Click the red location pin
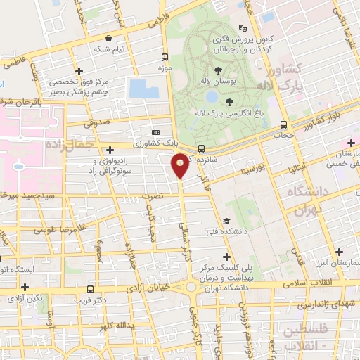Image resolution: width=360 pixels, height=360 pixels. click(180, 166)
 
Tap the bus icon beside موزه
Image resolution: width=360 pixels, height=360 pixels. click(165, 58)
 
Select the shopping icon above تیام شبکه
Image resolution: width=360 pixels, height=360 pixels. click(108, 39)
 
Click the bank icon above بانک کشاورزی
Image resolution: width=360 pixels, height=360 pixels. click(155, 132)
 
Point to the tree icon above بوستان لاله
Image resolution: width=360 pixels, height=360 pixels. click(217, 70)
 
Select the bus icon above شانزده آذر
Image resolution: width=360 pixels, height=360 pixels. click(202, 148)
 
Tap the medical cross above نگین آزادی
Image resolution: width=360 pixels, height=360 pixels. click(25, 287)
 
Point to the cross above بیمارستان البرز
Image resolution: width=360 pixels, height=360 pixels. click(340, 252)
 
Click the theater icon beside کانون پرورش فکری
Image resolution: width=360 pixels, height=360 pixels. click(243, 29)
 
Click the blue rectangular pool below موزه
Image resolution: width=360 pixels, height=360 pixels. click(143, 89)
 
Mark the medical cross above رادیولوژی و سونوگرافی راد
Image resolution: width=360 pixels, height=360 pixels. click(110, 149)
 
